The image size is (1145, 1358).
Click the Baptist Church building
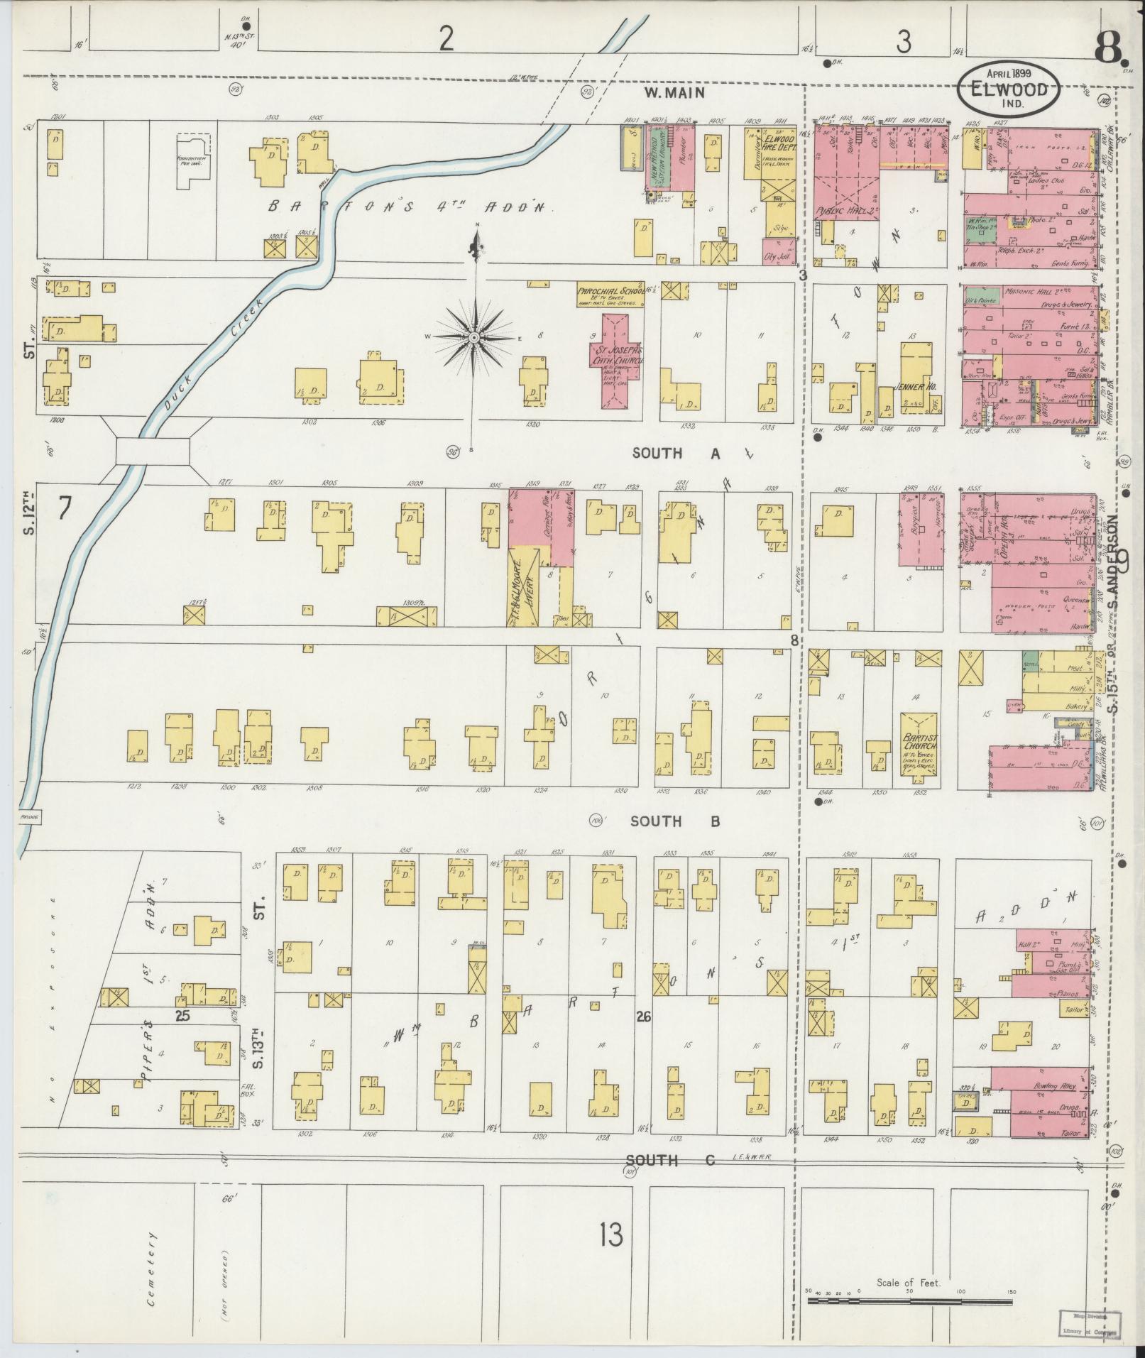919,742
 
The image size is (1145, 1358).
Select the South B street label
676,821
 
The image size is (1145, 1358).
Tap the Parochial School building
609,296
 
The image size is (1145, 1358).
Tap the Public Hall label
838,211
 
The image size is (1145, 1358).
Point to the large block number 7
65,508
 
